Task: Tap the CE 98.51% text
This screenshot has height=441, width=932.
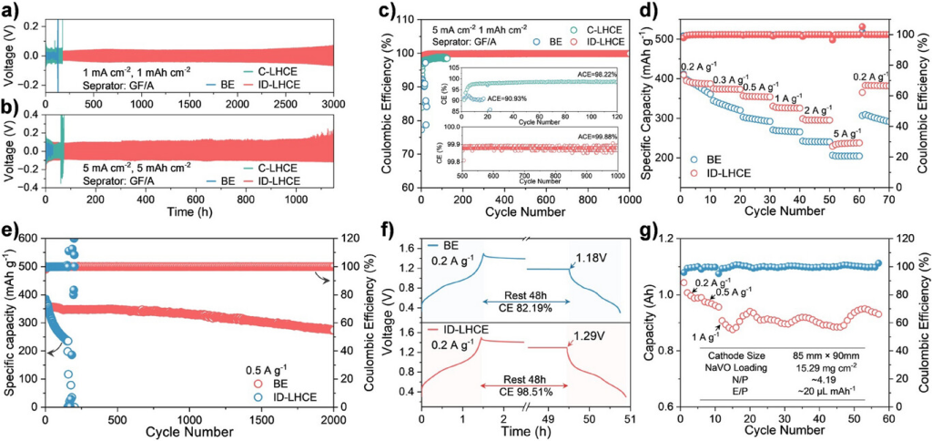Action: (x=522, y=385)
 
